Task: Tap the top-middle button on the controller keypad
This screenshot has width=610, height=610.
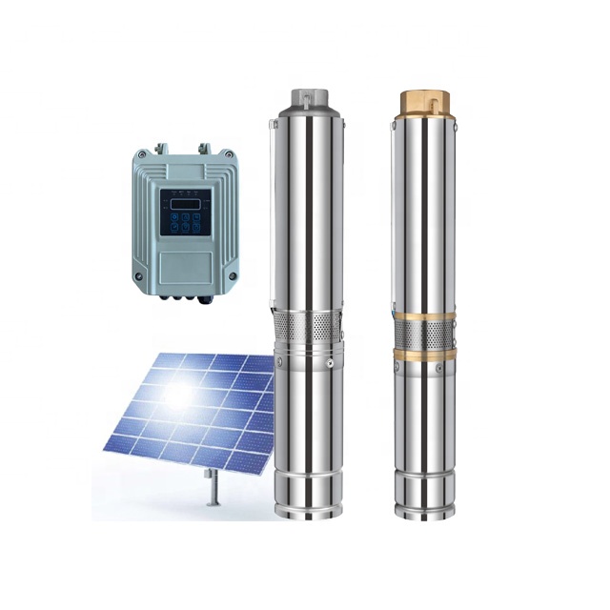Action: coord(185,218)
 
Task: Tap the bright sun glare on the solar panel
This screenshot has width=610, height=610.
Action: coord(178,392)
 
